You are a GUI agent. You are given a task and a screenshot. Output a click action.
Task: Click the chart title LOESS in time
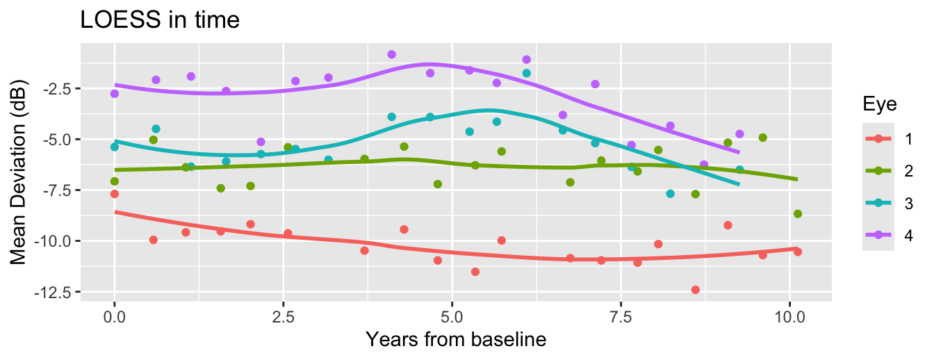(161, 20)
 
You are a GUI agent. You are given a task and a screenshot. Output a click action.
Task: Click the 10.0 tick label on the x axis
(789, 318)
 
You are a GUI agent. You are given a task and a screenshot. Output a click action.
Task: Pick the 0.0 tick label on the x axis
(115, 318)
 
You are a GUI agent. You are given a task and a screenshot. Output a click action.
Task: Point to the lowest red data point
(695, 290)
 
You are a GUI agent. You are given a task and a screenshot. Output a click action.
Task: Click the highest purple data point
(391, 54)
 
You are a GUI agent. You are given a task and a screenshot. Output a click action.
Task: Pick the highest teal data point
(526, 73)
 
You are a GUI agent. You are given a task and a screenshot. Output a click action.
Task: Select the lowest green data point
(797, 213)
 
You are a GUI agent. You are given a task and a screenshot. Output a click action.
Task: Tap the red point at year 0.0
(115, 194)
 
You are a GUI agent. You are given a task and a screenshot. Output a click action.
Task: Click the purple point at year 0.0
(115, 94)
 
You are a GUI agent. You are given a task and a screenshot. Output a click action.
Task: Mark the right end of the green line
(797, 179)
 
